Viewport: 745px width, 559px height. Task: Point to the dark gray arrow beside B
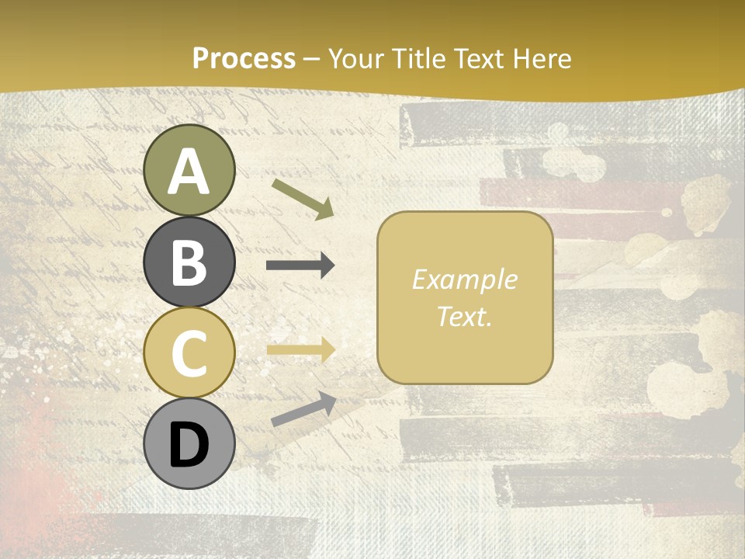300,266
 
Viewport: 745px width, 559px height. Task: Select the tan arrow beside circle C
300,350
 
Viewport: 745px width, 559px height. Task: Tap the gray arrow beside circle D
303,409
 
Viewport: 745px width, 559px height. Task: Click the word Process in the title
244,58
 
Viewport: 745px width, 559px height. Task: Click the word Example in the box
464,279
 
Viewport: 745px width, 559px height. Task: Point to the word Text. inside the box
464,316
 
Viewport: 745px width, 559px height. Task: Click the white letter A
189,172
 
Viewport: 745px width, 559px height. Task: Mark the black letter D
189,445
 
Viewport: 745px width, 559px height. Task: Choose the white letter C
189,354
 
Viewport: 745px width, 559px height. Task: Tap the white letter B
189,263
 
